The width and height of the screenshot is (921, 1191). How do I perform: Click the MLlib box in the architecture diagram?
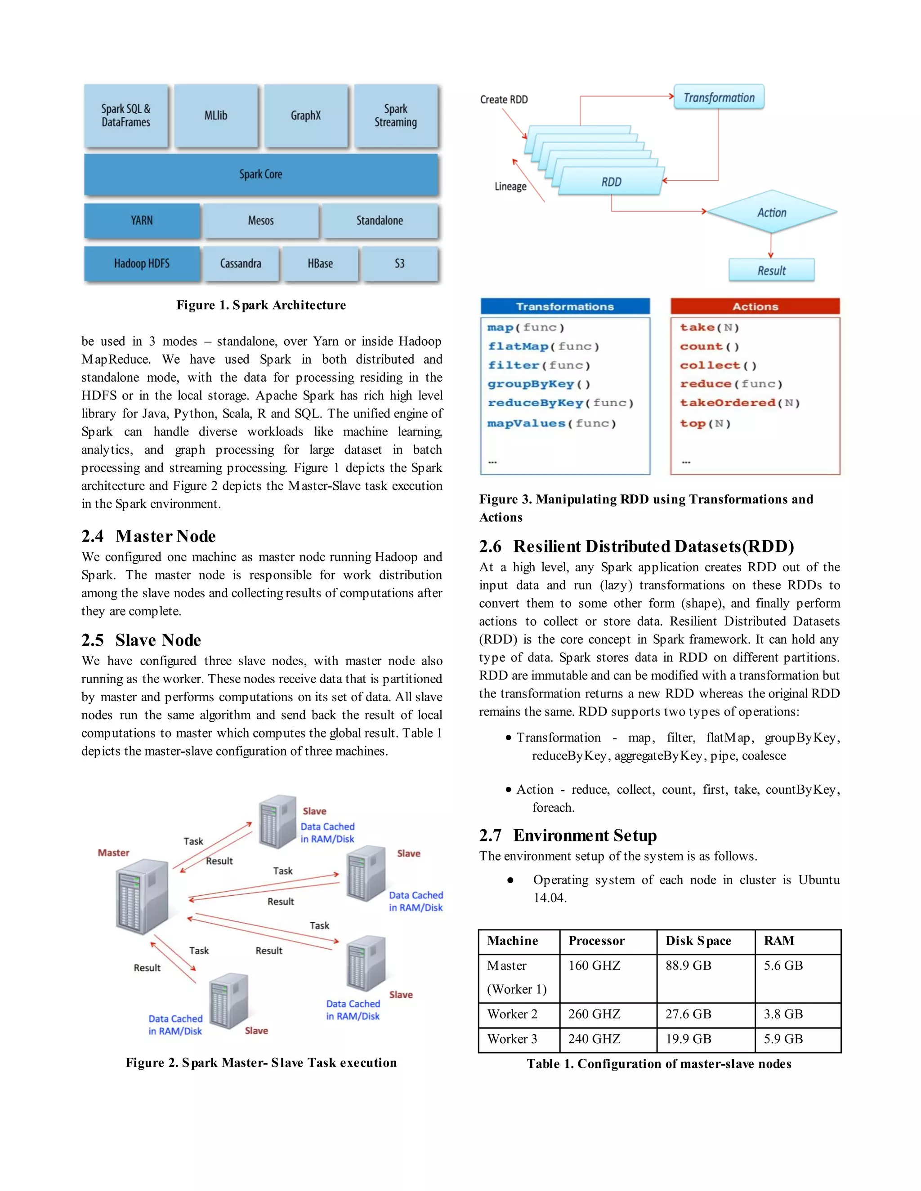tap(215, 116)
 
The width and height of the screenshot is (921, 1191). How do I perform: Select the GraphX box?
tap(305, 116)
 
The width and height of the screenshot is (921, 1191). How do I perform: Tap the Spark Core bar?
tap(261, 174)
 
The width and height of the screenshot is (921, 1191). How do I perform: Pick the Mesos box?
tap(261, 221)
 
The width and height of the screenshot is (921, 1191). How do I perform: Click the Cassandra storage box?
tap(241, 264)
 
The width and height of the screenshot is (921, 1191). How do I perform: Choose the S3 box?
tap(400, 264)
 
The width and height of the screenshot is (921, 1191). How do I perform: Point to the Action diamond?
tap(772, 213)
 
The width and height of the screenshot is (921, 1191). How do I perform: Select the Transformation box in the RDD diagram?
tap(719, 98)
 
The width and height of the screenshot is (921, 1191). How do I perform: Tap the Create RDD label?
tap(504, 100)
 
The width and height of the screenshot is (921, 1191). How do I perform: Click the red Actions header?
tap(755, 307)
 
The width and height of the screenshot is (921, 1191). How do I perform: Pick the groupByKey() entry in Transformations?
tap(538, 384)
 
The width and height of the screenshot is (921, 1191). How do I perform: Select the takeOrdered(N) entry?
tap(739, 403)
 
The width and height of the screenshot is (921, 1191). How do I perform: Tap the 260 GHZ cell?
tap(594, 1014)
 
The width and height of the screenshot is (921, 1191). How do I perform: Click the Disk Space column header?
tap(698, 941)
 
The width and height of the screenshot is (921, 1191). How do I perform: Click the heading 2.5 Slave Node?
tap(141, 640)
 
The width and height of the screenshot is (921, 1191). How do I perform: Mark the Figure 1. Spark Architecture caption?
tap(261, 305)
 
